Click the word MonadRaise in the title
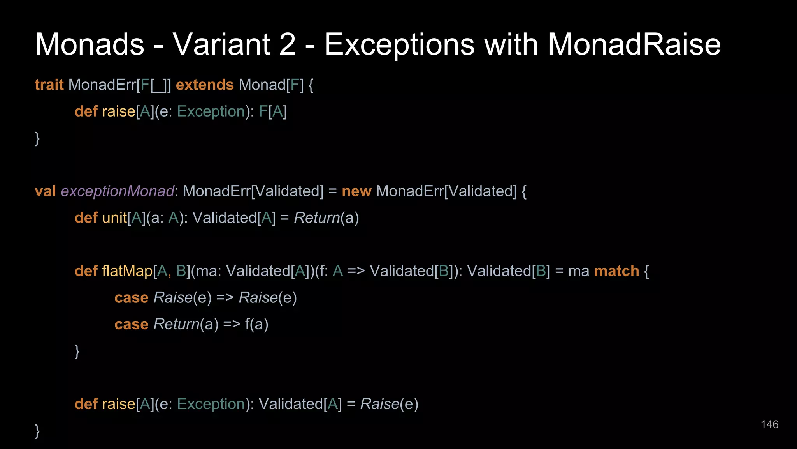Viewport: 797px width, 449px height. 634,44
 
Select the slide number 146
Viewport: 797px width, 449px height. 769,424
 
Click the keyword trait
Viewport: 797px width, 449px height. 49,85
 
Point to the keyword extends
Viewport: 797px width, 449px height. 205,85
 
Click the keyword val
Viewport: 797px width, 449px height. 45,191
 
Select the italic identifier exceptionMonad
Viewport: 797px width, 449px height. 117,191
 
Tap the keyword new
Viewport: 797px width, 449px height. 356,191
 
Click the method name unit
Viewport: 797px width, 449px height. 114,217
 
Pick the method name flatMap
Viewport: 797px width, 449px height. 127,271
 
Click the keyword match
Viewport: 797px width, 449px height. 616,271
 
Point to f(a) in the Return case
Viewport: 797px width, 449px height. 256,324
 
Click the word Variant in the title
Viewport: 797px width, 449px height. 221,44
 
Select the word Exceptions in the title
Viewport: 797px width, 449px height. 399,44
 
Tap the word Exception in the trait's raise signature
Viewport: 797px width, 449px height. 211,111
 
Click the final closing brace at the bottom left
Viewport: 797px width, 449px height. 37,431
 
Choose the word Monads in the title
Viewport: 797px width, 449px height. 90,44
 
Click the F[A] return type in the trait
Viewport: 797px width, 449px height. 273,111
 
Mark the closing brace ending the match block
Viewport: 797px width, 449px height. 77,351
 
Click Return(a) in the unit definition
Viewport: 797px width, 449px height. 326,217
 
